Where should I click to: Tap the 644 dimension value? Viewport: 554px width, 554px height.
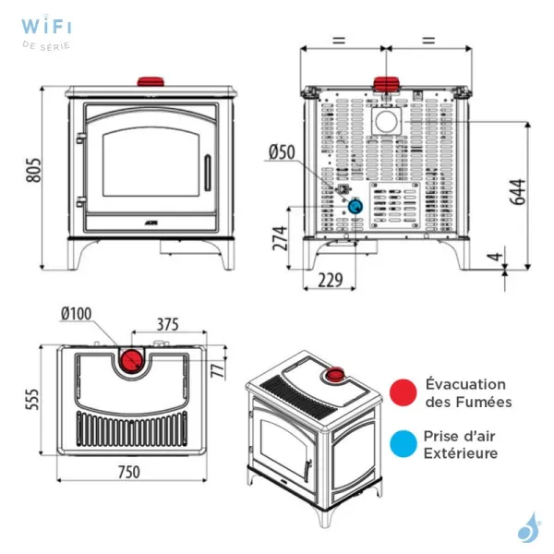(x=518, y=192)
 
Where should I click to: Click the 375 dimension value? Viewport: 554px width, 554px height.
(x=167, y=324)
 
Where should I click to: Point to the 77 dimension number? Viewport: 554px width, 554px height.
(x=220, y=370)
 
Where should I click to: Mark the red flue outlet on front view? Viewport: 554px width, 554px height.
(x=149, y=82)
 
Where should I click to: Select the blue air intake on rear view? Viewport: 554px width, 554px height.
(x=354, y=208)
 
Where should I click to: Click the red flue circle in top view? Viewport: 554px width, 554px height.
(x=130, y=358)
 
